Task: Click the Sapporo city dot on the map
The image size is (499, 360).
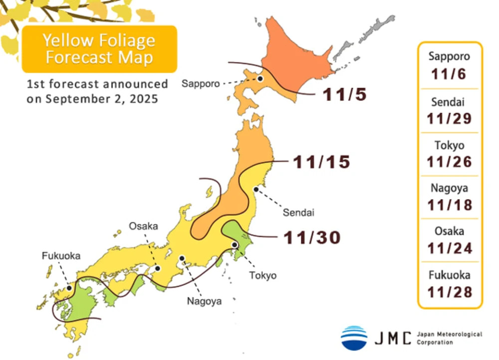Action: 260,78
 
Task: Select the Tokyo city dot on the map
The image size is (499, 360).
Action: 235,245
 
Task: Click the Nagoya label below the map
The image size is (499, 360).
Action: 204,301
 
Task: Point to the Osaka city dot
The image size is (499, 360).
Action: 157,268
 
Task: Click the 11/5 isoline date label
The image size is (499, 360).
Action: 344,94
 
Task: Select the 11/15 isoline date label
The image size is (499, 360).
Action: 321,162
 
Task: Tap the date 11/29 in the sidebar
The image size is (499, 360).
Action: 449,118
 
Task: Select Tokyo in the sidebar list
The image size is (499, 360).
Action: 449,146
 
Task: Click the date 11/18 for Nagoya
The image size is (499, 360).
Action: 449,205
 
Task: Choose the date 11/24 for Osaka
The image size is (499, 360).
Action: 449,248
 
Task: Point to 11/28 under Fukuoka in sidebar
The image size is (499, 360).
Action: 449,291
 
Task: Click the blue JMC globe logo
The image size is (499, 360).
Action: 354,338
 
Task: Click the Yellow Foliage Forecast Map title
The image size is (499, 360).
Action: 98,48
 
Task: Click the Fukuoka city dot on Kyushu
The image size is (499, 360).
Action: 69,288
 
